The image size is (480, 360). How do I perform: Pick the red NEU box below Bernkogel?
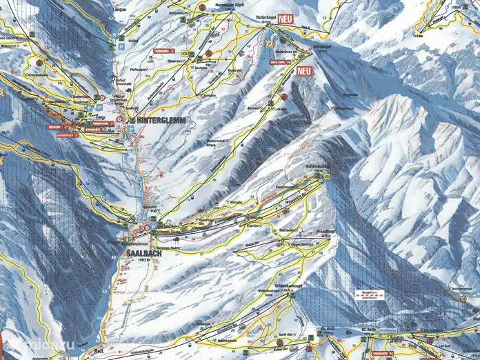[304, 70]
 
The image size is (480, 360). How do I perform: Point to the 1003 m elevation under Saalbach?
[144, 260]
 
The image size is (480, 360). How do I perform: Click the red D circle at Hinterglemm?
[119, 120]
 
